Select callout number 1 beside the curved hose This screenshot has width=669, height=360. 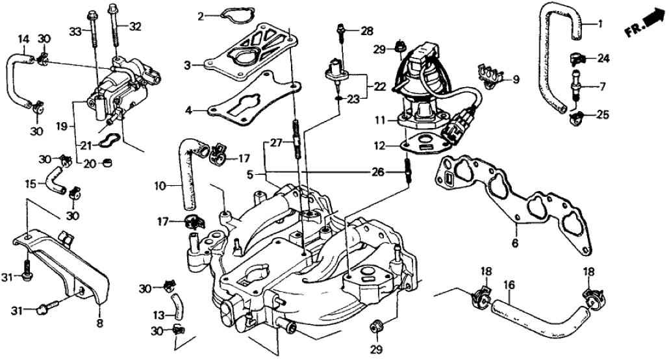600,25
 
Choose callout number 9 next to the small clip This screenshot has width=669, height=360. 516,80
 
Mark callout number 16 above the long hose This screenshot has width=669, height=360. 509,284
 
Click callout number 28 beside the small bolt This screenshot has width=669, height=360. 368,31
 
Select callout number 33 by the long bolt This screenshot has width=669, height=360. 74,31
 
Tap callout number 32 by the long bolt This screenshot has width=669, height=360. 134,27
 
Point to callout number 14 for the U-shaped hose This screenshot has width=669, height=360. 23,38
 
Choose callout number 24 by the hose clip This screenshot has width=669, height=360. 603,58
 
